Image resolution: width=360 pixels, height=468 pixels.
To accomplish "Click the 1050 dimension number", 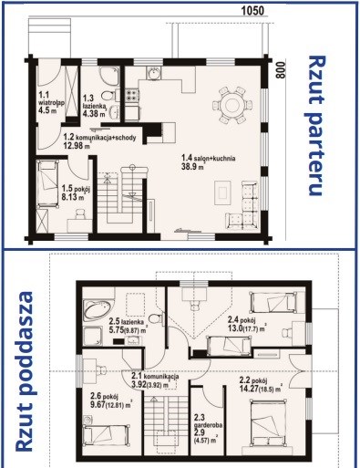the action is (252, 11).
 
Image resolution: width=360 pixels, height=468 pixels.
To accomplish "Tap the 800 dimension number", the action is (281, 70).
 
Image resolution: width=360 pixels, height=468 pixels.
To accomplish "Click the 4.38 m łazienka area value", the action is (94, 114).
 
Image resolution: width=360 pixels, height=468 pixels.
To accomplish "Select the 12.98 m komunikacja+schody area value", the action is (77, 145).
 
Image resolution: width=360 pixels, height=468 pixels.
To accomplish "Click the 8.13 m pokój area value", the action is (73, 197).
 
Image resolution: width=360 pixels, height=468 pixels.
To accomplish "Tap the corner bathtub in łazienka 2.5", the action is (98, 310).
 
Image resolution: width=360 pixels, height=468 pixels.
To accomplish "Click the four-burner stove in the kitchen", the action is (132, 95).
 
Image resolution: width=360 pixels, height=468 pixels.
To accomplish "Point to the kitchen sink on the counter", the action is (154, 73).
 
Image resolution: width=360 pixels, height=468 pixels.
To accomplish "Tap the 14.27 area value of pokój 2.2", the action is (249, 388).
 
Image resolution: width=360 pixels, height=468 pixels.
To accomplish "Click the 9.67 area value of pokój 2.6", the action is (98, 404).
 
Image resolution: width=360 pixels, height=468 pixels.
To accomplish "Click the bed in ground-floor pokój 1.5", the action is (47, 184).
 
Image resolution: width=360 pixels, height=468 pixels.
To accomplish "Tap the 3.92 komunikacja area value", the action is (139, 384).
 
